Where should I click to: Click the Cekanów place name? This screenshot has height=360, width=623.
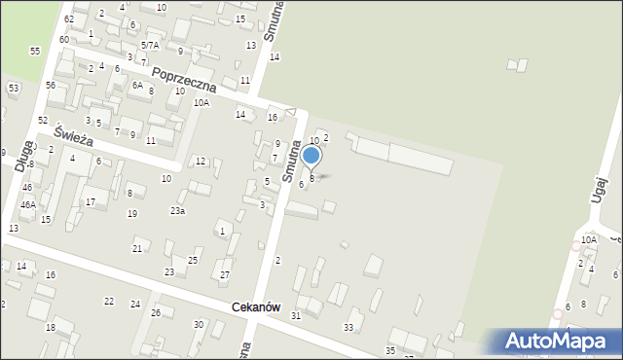(256, 307)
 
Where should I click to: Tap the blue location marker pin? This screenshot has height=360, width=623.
(311, 156)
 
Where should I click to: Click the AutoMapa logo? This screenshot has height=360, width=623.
(562, 341)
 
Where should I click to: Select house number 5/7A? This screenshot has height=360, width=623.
(150, 45)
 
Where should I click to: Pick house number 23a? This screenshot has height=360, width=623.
(177, 210)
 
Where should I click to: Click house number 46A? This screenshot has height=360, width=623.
(28, 205)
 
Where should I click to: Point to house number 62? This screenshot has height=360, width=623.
(68, 19)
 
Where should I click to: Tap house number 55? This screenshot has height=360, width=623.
(35, 51)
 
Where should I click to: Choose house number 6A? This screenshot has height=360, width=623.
(137, 85)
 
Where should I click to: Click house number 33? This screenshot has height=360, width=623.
(348, 327)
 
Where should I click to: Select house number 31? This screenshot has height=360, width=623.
(296, 315)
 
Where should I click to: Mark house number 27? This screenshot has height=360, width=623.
(225, 275)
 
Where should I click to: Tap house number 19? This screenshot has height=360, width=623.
(132, 213)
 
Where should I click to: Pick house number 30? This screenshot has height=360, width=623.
(199, 324)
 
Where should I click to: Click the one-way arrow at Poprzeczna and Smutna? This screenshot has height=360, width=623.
(289, 113)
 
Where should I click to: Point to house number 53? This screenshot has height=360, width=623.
(14, 89)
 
